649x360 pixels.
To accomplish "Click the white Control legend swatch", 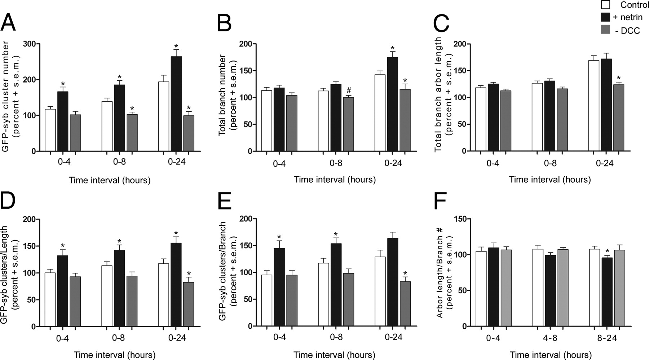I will pyautogui.click(x=606, y=5).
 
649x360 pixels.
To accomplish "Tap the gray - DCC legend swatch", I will pyautogui.click(x=606, y=30).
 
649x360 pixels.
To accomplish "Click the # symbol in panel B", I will pyautogui.click(x=348, y=90).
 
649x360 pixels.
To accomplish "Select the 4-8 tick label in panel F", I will pyautogui.click(x=550, y=338).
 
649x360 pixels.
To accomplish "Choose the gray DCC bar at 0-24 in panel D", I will pyautogui.click(x=189, y=304).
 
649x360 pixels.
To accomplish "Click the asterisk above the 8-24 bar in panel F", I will pyautogui.click(x=607, y=252).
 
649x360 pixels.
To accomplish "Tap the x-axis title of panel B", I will pyautogui.click(x=335, y=179).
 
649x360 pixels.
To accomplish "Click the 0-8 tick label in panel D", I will pyautogui.click(x=120, y=338).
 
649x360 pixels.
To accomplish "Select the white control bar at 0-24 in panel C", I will pyautogui.click(x=594, y=106).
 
